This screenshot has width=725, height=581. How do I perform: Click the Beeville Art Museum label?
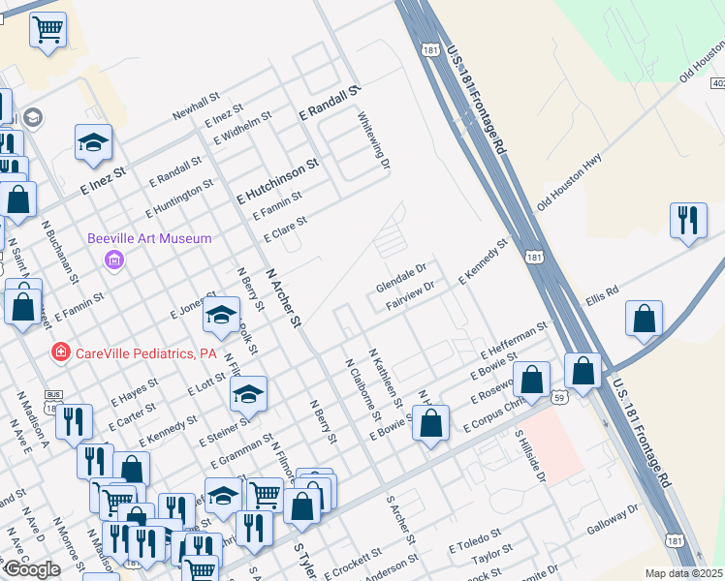click(x=149, y=238)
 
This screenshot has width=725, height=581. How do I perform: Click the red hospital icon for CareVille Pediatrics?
click(x=60, y=352)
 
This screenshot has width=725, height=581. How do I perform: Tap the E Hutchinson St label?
click(x=278, y=181)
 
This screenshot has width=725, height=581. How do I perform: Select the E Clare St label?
click(x=285, y=229)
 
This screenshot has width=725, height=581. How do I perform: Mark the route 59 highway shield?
click(x=559, y=397)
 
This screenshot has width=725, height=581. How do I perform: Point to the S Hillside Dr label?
click(x=530, y=456)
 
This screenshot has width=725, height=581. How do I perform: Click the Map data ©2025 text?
click(x=683, y=573)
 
